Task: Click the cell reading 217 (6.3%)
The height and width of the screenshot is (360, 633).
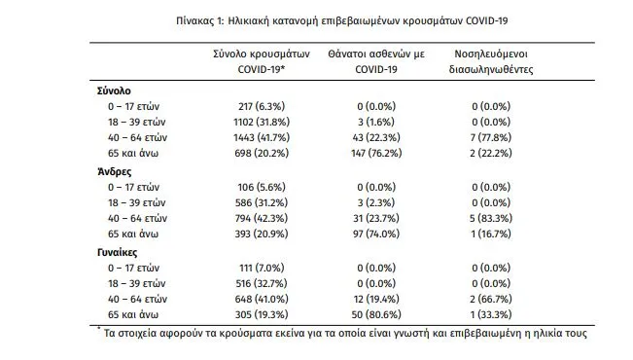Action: [262, 107]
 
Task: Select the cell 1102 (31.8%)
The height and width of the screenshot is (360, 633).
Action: [262, 122]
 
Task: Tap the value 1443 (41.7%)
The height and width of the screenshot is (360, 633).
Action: [262, 138]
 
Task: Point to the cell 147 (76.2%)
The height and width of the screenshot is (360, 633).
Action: [376, 153]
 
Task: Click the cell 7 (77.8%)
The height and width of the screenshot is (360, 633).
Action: [491, 138]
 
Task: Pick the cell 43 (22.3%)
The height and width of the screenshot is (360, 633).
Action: [376, 138]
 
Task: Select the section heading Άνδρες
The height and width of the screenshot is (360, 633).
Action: [115, 172]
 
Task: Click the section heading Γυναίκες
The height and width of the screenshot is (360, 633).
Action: [117, 253]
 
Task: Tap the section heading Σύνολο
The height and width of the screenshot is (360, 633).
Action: [114, 90]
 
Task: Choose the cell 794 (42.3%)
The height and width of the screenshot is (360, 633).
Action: [262, 219]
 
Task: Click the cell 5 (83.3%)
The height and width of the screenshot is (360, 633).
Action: [491, 219]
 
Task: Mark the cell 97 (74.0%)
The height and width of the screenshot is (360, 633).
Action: [376, 234]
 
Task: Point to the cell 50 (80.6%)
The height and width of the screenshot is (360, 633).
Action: [376, 314]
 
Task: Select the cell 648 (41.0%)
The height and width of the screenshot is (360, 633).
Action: [262, 300]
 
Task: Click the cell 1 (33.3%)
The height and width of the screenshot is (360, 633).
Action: [491, 314]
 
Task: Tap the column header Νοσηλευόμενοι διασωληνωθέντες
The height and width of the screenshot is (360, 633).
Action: [491, 62]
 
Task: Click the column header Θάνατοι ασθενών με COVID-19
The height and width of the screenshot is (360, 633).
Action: [376, 62]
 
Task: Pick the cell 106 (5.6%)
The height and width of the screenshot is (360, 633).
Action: [262, 188]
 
